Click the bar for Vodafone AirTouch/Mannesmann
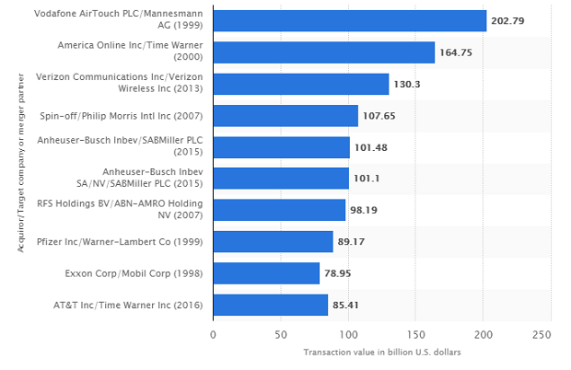click(x=350, y=21)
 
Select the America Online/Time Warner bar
click(x=323, y=52)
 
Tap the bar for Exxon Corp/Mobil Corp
click(x=266, y=273)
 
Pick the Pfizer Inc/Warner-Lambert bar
click(x=273, y=241)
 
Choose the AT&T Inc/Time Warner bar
click(x=270, y=305)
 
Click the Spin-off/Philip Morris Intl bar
click(x=285, y=115)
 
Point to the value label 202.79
click(x=509, y=21)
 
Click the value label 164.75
click(x=457, y=52)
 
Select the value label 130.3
click(x=407, y=85)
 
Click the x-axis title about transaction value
click(x=381, y=353)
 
